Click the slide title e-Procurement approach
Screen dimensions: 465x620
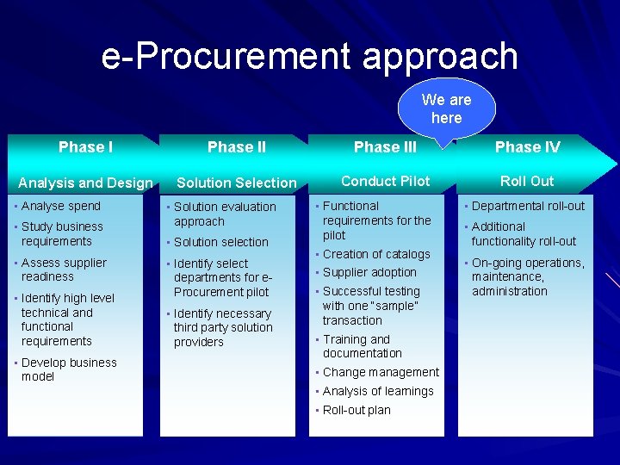(x=309, y=57)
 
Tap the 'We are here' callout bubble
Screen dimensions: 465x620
(x=446, y=108)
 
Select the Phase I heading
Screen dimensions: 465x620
(x=85, y=147)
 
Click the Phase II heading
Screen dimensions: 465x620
(x=237, y=147)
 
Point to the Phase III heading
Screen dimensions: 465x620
(x=385, y=147)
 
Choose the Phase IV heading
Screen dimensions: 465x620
(x=527, y=147)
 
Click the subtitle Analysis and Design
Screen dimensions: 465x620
(x=85, y=183)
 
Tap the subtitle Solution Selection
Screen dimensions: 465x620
(x=236, y=183)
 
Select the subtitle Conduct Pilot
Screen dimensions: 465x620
(x=385, y=181)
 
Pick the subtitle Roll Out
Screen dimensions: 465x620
(x=527, y=181)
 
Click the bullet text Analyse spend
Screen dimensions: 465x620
(x=60, y=206)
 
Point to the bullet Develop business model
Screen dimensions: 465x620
(x=68, y=369)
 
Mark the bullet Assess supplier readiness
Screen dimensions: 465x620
(x=64, y=270)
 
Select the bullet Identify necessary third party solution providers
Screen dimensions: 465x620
(x=222, y=328)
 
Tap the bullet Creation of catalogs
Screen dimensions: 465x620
(x=375, y=254)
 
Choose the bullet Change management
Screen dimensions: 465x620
(x=380, y=372)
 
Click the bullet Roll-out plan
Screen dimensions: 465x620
(x=356, y=410)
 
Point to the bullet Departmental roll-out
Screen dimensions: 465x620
(x=527, y=206)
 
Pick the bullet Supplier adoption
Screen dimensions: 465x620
(x=369, y=272)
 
